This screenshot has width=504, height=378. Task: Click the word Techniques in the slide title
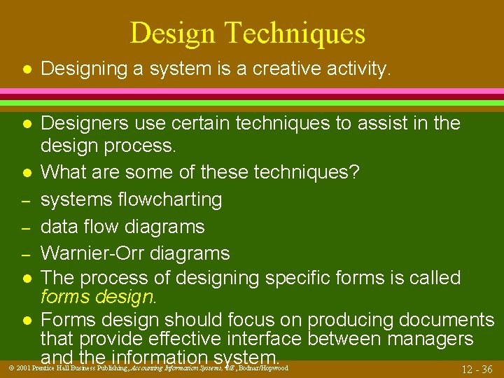(x=302, y=34)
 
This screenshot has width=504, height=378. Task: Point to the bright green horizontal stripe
(x=252, y=103)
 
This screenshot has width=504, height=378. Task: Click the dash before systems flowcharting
(x=24, y=200)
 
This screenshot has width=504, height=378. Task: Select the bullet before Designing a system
(x=24, y=69)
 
